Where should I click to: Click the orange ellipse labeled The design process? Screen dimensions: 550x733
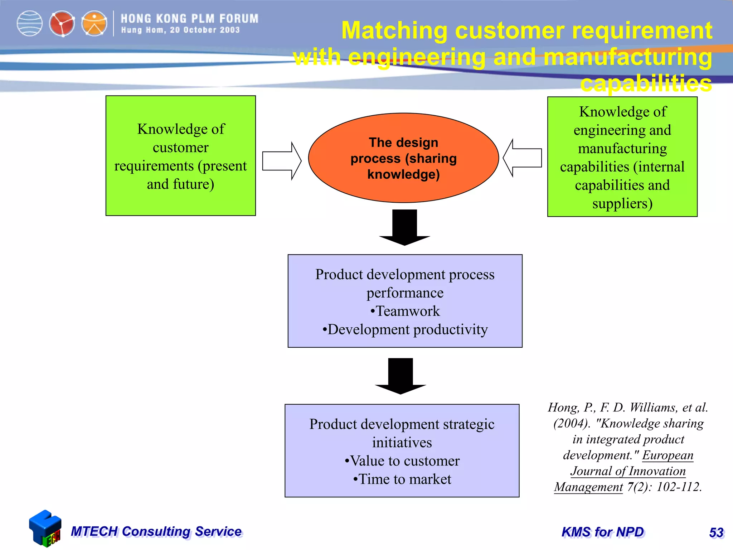[x=403, y=158]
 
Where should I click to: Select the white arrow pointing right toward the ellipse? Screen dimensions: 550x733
[x=281, y=161]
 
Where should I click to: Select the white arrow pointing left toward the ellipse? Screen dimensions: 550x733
[x=523, y=158]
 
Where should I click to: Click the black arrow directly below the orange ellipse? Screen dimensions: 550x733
[x=404, y=227]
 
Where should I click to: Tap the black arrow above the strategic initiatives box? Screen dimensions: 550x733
[x=401, y=376]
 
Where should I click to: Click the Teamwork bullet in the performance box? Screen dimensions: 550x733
[x=405, y=311]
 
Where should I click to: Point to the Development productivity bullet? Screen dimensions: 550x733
[x=405, y=329]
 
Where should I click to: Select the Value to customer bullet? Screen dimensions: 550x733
[x=402, y=461]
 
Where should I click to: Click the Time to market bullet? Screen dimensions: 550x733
[x=402, y=479]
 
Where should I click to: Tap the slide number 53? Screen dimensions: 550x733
[x=716, y=532]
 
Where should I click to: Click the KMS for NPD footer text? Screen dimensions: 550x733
[x=603, y=532]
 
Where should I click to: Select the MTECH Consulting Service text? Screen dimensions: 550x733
[x=156, y=531]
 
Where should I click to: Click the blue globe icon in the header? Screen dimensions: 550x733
[x=30, y=24]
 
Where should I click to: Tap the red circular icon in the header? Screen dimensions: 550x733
[x=62, y=24]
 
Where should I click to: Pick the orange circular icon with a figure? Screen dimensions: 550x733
[x=94, y=24]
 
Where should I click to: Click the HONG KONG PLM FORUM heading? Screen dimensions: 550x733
[x=189, y=18]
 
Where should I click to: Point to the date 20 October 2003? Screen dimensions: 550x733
[x=205, y=30]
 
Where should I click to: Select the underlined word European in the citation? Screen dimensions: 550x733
[x=668, y=455]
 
